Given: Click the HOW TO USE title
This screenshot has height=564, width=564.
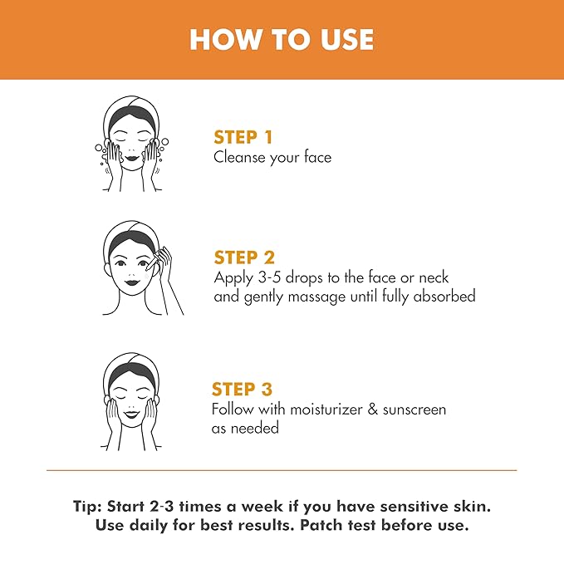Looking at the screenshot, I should pos(282,39).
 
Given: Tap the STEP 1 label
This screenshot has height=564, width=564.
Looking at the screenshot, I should pos(243,137).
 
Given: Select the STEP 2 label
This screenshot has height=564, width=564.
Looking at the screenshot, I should pos(244,257).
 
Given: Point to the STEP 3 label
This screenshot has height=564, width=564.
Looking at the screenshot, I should pos(242,390).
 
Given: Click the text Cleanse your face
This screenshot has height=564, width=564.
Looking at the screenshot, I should pos(272,157).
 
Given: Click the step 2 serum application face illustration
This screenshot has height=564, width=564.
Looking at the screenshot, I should pos(138,267).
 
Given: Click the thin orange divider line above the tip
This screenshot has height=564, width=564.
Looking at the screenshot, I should pos(282,471).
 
